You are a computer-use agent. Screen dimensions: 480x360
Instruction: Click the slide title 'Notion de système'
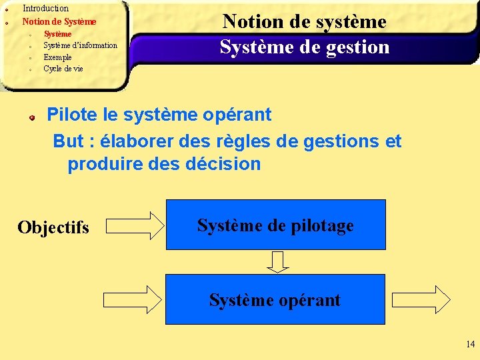pyautogui.click(x=304, y=21)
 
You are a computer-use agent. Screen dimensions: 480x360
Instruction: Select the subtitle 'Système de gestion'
pyautogui.click(x=304, y=47)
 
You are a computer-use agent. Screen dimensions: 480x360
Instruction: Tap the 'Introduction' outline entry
pyautogui.click(x=45, y=9)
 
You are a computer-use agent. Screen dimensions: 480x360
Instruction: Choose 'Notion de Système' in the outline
pyautogui.click(x=59, y=21)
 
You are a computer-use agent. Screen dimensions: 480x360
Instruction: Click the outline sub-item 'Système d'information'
pyautogui.click(x=80, y=45)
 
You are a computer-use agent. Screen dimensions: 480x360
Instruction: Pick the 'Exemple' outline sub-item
pyautogui.click(x=57, y=57)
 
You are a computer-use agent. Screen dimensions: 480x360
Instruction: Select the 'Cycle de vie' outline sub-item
pyautogui.click(x=63, y=69)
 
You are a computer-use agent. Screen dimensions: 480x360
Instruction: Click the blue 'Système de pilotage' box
pyautogui.click(x=275, y=225)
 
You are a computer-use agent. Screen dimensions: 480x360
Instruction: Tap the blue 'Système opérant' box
pyautogui.click(x=275, y=300)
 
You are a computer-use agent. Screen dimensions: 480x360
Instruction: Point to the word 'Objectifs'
pyautogui.click(x=53, y=227)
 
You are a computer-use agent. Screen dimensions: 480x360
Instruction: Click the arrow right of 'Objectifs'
pyautogui.click(x=135, y=226)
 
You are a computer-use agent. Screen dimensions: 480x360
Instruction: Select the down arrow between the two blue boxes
pyautogui.click(x=278, y=261)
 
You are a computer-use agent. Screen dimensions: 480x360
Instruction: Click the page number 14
pyautogui.click(x=471, y=345)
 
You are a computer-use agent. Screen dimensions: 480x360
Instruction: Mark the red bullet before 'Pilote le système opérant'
pyautogui.click(x=31, y=117)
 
